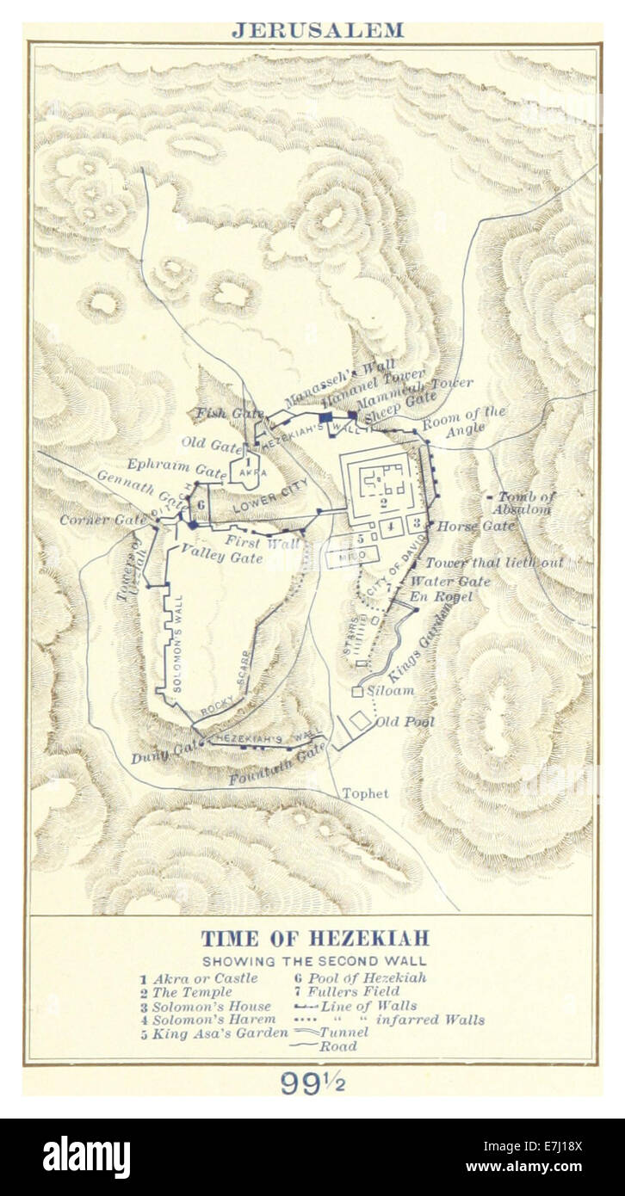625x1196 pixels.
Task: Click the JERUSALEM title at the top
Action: (316, 30)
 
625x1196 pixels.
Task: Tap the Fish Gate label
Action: (221, 413)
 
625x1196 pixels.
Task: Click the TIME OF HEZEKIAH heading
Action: (314, 938)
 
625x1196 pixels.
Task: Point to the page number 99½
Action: (312, 1082)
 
